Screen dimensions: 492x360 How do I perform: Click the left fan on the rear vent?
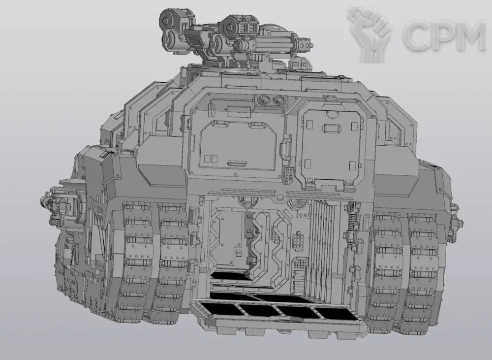click(x=263, y=100)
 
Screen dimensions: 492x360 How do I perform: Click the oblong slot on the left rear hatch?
click(x=237, y=164)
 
